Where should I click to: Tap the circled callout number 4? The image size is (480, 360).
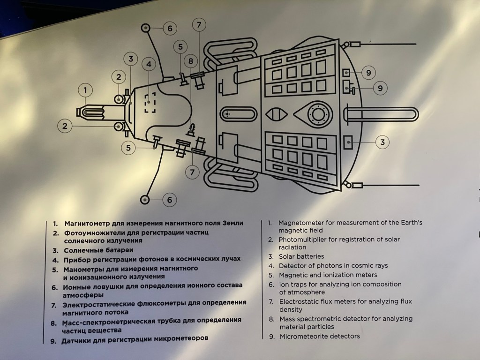coord(149,64)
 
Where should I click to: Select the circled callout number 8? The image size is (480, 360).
coord(190,61)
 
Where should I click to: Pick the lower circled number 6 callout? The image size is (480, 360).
coord(169,200)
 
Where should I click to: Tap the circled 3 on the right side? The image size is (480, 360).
coord(383,142)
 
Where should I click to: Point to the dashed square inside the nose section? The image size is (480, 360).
coord(150,103)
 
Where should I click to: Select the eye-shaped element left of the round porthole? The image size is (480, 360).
coord(275,114)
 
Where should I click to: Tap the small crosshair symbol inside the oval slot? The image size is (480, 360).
coord(228,114)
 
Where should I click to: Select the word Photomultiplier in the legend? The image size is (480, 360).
coord(303,240)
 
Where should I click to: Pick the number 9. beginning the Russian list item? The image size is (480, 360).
coord(53,341)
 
